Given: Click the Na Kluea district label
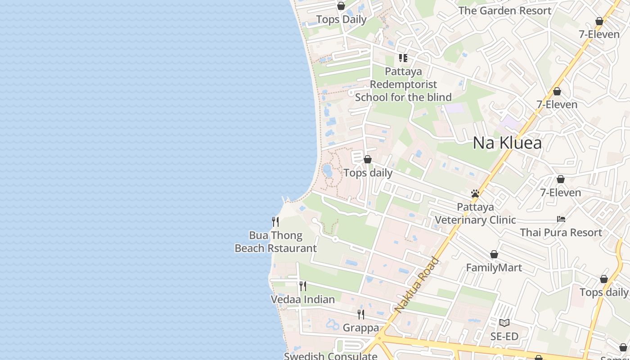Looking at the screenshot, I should point(507,143).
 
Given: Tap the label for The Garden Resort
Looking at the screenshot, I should point(504,10).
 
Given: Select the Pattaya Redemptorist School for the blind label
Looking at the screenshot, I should point(403,84).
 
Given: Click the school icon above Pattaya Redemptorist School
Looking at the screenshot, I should point(403,58).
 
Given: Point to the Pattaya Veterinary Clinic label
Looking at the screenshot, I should point(475,213).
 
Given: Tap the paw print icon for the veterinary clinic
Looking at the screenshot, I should point(475,193).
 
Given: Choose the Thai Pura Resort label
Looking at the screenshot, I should point(561,232).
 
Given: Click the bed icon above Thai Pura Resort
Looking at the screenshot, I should point(561,219).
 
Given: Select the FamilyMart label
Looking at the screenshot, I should point(494,268).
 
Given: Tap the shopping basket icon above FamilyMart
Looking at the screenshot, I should point(494,255).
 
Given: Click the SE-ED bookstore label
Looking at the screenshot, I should point(504,336).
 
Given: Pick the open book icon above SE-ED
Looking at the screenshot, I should point(504,323).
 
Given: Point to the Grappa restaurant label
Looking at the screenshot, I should point(360,328).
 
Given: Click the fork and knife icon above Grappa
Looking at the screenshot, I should point(361,314).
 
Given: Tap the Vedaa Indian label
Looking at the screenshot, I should point(302,299).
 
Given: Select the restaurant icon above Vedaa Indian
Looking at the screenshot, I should point(303,286).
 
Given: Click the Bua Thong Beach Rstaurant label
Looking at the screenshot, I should point(275,242).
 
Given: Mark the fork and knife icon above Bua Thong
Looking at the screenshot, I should point(275,221).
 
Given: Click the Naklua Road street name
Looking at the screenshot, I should point(417,285).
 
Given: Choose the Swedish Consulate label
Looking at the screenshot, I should point(330,356).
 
